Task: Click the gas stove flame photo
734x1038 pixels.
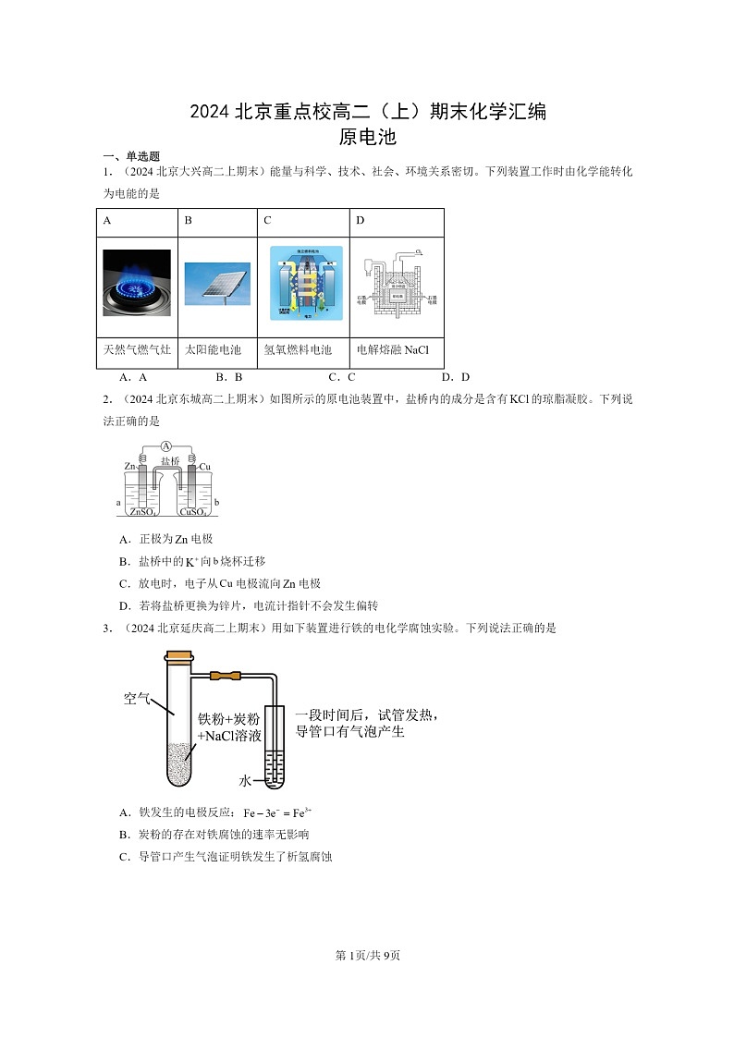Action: (137, 283)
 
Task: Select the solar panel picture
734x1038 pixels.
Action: (217, 285)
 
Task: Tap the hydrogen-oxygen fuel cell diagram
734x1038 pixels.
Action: (306, 283)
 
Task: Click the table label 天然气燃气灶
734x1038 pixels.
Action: (137, 350)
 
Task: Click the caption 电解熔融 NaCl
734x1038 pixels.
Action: (393, 350)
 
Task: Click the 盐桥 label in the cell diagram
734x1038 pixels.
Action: (170, 460)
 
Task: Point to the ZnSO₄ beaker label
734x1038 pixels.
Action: (143, 511)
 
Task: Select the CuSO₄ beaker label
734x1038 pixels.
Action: (193, 511)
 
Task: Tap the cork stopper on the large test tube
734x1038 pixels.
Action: (178, 658)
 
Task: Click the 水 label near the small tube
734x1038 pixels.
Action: (245, 781)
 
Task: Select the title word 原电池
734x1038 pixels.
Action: (367, 138)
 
